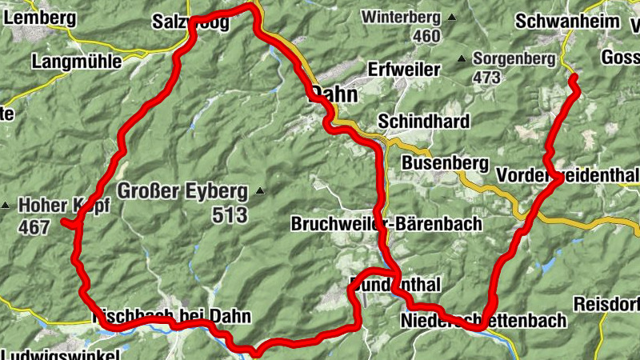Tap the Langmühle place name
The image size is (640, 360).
tap(77, 61)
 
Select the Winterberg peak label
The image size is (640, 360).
tap(400, 17)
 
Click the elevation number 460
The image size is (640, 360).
tap(426, 36)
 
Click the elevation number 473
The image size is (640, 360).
tap(486, 78)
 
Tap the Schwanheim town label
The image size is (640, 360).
tap(558, 21)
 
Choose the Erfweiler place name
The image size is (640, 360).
tap(404, 70)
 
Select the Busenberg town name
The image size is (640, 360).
tap(445, 162)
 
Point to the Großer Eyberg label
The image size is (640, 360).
tap(182, 192)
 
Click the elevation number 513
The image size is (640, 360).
tap(230, 214)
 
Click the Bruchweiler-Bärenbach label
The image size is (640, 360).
tap(387, 223)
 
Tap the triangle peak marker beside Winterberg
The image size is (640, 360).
tap(452, 17)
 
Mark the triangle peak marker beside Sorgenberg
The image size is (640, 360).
tap(461, 58)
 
